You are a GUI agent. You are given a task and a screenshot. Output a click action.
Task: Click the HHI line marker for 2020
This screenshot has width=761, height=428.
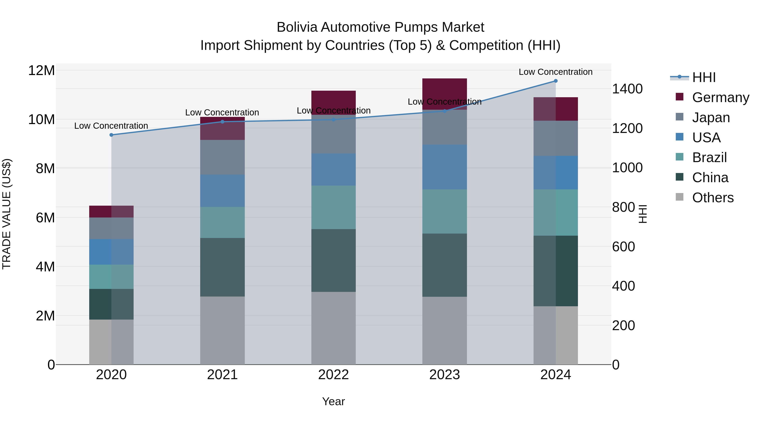(111, 135)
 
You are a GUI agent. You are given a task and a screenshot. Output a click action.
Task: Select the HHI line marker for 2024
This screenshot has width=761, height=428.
(556, 81)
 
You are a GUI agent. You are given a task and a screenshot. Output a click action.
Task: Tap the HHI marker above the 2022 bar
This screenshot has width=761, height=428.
(334, 120)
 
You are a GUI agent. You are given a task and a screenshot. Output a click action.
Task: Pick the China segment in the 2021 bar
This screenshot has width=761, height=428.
(222, 267)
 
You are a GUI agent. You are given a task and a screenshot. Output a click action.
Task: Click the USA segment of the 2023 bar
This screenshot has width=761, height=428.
(445, 167)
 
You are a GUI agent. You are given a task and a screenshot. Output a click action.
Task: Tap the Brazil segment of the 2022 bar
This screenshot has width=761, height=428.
(334, 207)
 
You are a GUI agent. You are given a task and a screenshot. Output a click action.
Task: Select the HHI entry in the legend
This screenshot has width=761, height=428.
(704, 77)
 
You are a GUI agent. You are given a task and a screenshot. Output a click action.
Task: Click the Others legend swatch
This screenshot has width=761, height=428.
(679, 197)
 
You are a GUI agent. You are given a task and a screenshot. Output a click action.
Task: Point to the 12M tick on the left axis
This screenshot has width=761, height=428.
(41, 71)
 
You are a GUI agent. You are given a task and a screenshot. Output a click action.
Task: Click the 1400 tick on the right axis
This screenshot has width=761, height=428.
(627, 89)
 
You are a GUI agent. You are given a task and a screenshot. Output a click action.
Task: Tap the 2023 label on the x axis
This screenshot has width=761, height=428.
(445, 375)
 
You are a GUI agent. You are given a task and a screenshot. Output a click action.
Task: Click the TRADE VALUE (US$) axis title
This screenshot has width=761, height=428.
(7, 214)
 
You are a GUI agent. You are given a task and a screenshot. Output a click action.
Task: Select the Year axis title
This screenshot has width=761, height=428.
(334, 401)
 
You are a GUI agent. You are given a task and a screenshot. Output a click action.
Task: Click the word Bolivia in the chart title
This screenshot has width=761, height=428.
(297, 27)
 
